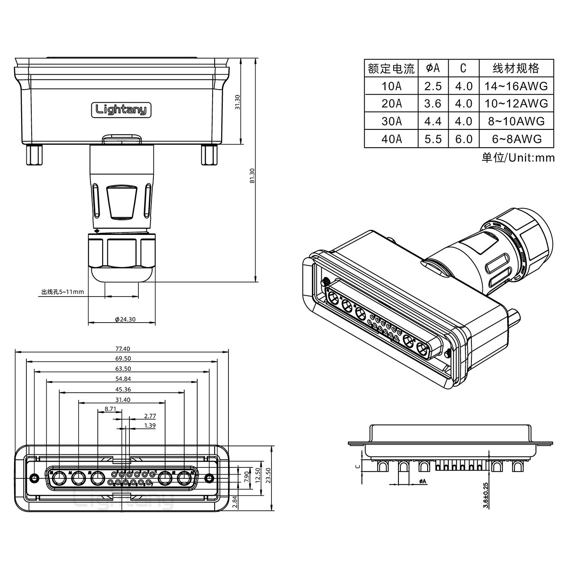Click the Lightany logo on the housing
[121, 110]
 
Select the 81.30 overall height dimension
[252, 175]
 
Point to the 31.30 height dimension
[238, 102]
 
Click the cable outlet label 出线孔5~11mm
[62, 292]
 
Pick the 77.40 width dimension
[123, 349]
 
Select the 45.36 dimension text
[123, 389]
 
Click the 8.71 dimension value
[110, 409]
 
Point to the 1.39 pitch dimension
[150, 426]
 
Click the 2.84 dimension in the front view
[235, 502]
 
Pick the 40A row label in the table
[392, 139]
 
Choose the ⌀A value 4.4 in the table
[433, 121]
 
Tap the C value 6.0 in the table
[464, 139]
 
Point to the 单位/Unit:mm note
[518, 157]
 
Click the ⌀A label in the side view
[422, 481]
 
